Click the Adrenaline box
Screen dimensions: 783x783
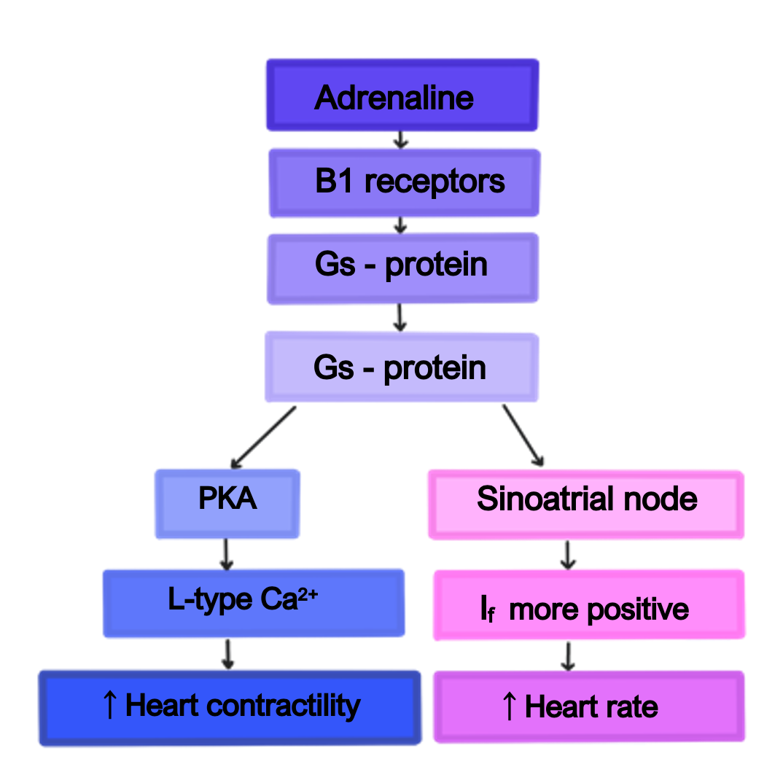click(x=402, y=96)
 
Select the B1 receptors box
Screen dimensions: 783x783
click(x=404, y=183)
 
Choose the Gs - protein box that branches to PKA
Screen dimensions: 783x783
click(x=401, y=367)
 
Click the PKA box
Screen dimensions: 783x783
click(x=227, y=504)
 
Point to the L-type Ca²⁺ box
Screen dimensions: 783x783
click(x=253, y=603)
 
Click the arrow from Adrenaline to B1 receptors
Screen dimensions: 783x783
click(x=400, y=140)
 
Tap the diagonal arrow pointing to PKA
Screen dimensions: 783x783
click(x=263, y=437)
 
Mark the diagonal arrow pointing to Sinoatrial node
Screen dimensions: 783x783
click(x=523, y=435)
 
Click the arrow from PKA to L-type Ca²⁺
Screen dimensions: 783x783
click(x=226, y=554)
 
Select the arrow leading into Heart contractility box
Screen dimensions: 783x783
click(x=227, y=654)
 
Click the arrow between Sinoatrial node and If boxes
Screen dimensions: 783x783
click(x=569, y=555)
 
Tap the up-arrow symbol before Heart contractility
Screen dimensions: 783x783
click(x=110, y=706)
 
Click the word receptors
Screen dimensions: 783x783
click(x=435, y=183)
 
